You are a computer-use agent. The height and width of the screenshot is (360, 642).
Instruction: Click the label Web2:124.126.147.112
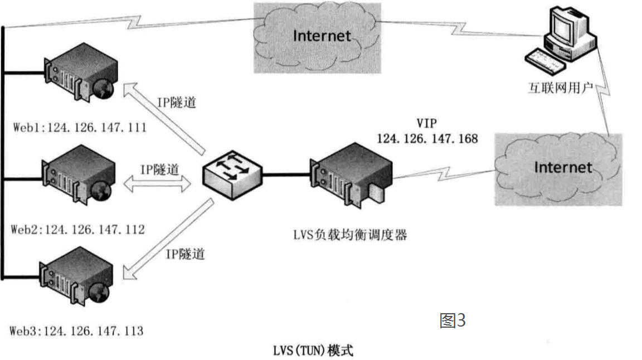(x=77, y=229)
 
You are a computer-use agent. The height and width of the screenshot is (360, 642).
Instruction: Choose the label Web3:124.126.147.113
(x=77, y=331)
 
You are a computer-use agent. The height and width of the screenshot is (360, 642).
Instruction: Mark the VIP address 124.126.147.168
(x=427, y=138)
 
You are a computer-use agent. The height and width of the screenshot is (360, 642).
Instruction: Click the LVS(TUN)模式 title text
(x=313, y=351)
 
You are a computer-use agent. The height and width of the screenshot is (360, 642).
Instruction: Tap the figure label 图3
(x=452, y=320)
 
